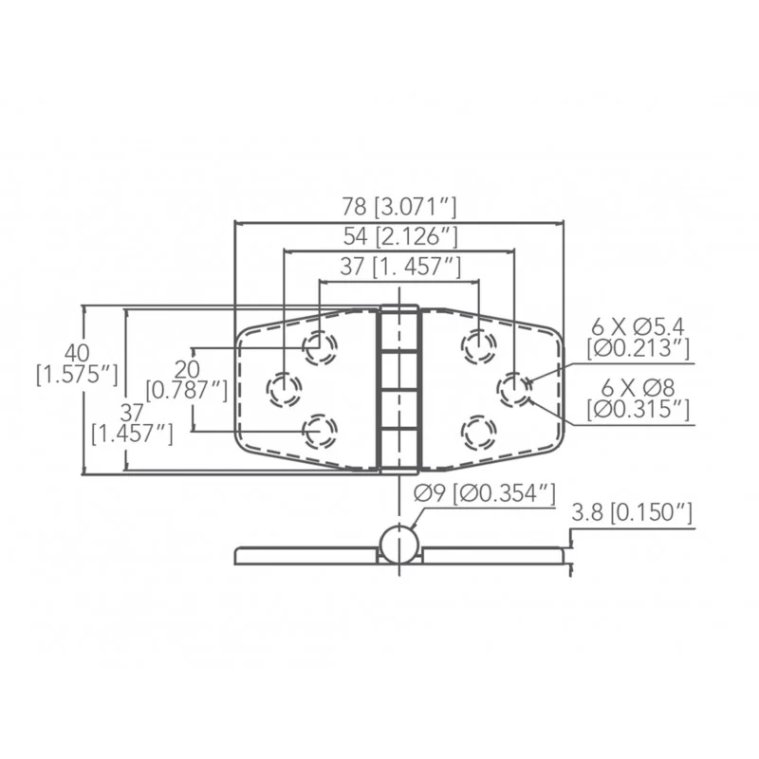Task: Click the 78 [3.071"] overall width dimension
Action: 399,207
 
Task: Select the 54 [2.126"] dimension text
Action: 400,236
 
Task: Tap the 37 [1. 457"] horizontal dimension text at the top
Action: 400,267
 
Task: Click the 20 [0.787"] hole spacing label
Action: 186,380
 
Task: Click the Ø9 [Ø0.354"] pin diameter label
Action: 485,494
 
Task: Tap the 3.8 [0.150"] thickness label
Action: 632,513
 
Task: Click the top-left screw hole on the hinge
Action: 320,347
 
